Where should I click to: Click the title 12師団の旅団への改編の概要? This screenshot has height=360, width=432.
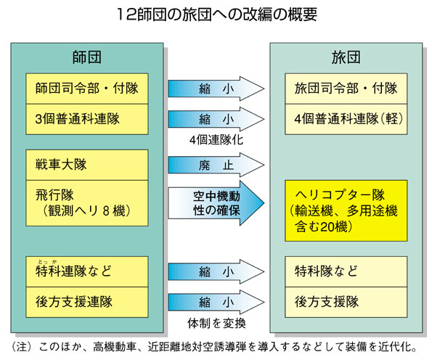point(216,15)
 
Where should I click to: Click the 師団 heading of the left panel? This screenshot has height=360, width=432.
point(86,57)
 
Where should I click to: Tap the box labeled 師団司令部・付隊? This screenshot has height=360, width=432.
point(86,89)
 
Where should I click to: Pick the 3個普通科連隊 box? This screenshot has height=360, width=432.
point(86,118)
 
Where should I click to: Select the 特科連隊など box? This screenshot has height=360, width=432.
point(86,271)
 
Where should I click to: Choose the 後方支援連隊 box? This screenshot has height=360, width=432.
point(86,300)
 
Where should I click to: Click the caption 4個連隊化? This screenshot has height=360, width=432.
point(216,138)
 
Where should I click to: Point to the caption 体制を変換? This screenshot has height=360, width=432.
point(216,322)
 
